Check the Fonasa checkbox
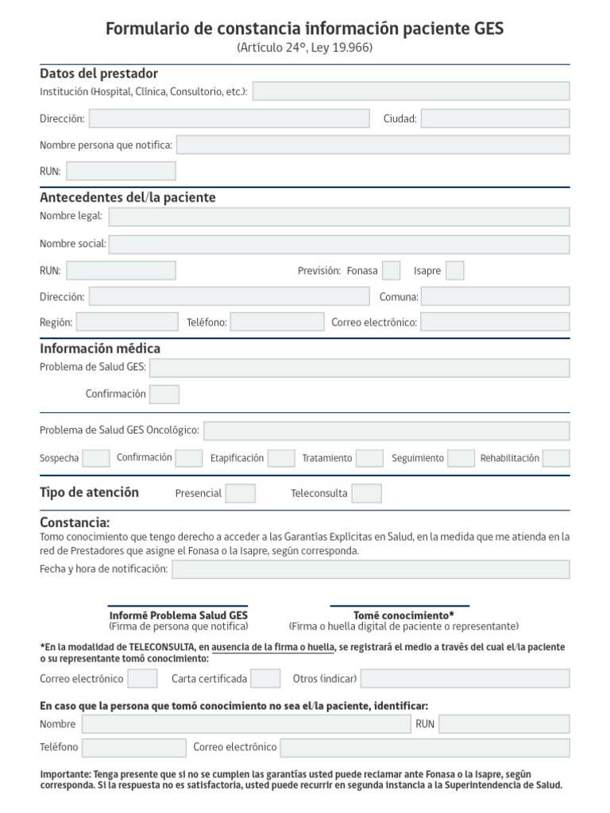tap(391, 271)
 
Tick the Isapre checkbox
tap(454, 271)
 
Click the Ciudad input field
tap(495, 118)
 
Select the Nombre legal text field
tap(339, 217)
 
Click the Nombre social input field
tap(339, 244)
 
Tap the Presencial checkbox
tap(240, 493)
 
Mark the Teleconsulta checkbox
tap(366, 493)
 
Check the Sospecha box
tap(96, 458)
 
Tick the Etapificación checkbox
tap(281, 458)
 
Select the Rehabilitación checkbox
tap(556, 458)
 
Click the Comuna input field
tap(495, 297)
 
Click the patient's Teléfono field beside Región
tap(277, 322)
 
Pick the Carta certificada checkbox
tap(265, 679)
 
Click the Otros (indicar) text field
tap(465, 679)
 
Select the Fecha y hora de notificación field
tap(371, 569)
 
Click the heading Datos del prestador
tap(99, 73)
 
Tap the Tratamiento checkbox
tap(369, 458)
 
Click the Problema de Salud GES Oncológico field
tap(387, 430)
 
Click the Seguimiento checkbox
tap(461, 458)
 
